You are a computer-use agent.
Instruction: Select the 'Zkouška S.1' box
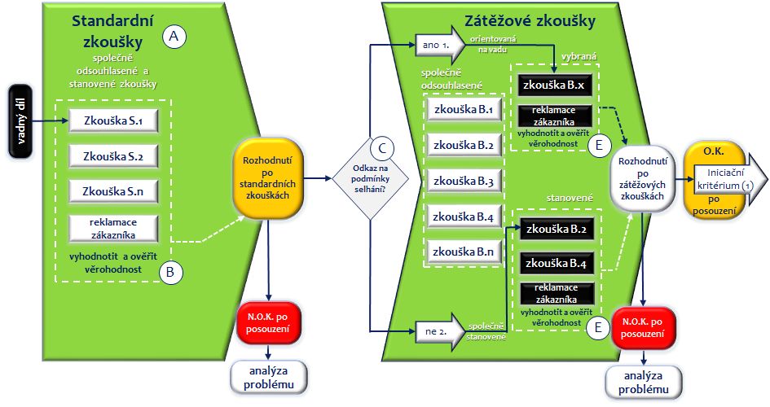point(113,122)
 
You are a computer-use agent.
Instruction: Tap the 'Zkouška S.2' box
point(113,156)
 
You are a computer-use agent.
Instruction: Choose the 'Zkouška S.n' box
point(113,191)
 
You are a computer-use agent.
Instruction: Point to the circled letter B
point(169,273)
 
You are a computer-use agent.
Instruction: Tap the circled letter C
point(381,148)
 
